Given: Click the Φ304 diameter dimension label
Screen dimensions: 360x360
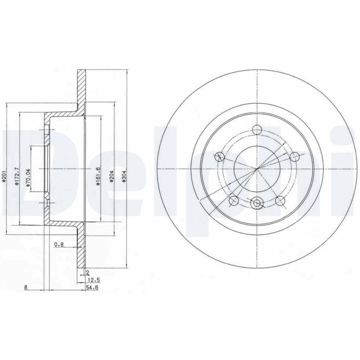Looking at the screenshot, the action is coord(124,177).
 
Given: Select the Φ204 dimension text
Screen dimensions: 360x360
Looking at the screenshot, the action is coord(111,176).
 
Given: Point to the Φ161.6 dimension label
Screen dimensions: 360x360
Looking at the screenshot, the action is coord(98,176).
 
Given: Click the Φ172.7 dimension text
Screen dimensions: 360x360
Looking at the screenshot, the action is coord(17,176).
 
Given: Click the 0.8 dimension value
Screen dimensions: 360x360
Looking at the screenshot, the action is coord(59,245).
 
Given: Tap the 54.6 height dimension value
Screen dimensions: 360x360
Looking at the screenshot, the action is coord(92,287).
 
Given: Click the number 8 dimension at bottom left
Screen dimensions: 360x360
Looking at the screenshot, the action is coord(26,287).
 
